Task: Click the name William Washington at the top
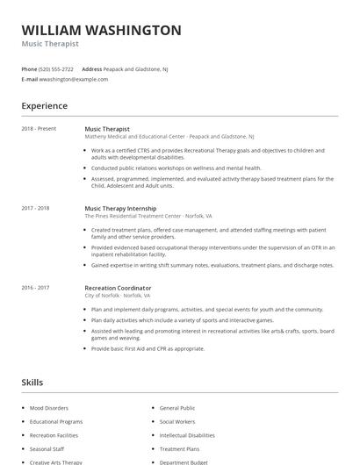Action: coord(101,31)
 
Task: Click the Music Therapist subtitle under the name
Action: coord(50,44)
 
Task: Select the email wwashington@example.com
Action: coord(74,79)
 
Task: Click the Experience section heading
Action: coord(44,106)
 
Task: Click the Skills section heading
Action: coord(32,383)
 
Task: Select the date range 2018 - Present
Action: coord(39,129)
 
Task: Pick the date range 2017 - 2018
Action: coord(35,208)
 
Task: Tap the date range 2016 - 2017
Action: coord(35,288)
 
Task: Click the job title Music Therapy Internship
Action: coord(121,208)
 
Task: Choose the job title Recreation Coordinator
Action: coord(118,288)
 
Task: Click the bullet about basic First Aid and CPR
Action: coord(148,348)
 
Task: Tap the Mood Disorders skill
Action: coord(48,408)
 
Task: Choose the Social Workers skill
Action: coord(177,421)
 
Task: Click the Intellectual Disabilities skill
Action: coord(187,435)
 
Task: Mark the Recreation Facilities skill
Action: coord(54,435)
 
